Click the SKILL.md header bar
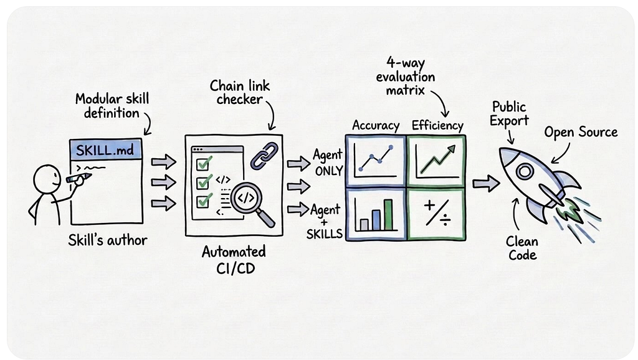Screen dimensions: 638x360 [x=106, y=149]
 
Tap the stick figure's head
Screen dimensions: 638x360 [x=47, y=178]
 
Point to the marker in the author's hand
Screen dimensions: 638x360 [x=79, y=178]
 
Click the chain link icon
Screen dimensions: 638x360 [x=264, y=156]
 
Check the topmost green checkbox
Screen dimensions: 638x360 [x=204, y=164]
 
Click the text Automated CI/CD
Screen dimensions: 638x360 [x=234, y=260]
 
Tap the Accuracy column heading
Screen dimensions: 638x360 [x=376, y=125]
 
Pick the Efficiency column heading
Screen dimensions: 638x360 [x=437, y=125]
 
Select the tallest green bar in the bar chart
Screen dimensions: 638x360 [x=388, y=215]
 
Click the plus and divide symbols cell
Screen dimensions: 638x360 [x=437, y=214]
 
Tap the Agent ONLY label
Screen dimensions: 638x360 [x=328, y=163]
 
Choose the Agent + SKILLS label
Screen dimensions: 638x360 [x=325, y=222]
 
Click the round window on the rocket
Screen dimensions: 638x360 [x=525, y=171]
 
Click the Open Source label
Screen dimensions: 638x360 [x=581, y=132]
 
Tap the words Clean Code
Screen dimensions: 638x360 [x=522, y=248]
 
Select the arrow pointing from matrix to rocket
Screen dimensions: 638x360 [x=486, y=184]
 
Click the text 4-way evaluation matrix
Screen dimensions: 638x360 [x=405, y=76]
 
